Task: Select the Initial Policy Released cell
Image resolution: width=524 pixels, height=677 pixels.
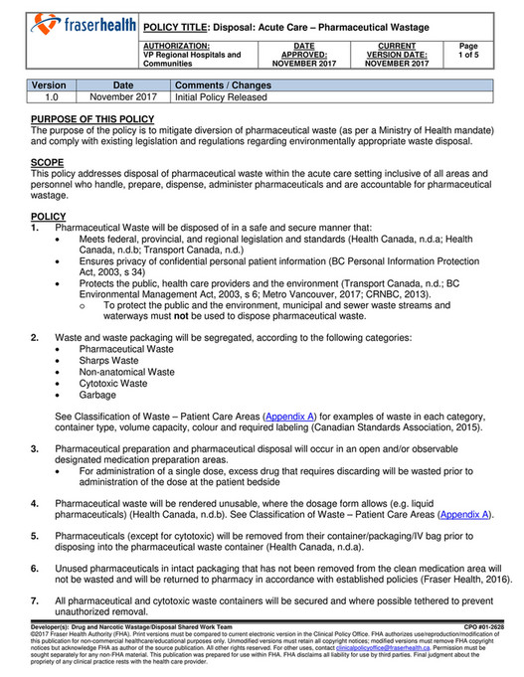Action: pos(221,98)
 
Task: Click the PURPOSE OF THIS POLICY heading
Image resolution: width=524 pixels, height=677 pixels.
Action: pos(92,119)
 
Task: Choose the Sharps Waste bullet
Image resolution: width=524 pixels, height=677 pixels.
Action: pos(110,361)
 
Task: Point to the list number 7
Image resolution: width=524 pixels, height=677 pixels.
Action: pos(35,601)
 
